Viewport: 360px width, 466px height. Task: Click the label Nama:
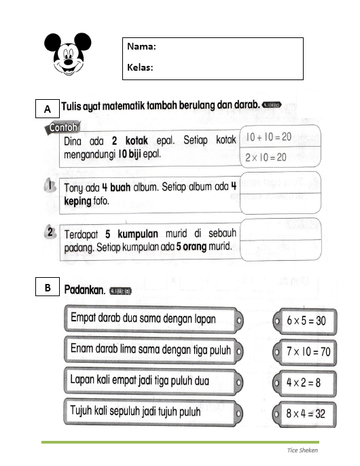click(142, 47)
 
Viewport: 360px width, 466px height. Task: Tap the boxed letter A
click(47, 109)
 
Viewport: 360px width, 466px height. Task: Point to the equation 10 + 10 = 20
click(268, 137)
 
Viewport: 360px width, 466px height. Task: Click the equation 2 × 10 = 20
click(268, 157)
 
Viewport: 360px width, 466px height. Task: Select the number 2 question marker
click(50, 233)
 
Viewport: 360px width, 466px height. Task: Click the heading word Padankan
click(84, 290)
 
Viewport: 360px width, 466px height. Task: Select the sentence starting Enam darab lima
click(150, 351)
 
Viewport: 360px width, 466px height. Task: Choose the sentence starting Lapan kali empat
click(139, 381)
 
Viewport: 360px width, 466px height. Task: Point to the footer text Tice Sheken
click(302, 450)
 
